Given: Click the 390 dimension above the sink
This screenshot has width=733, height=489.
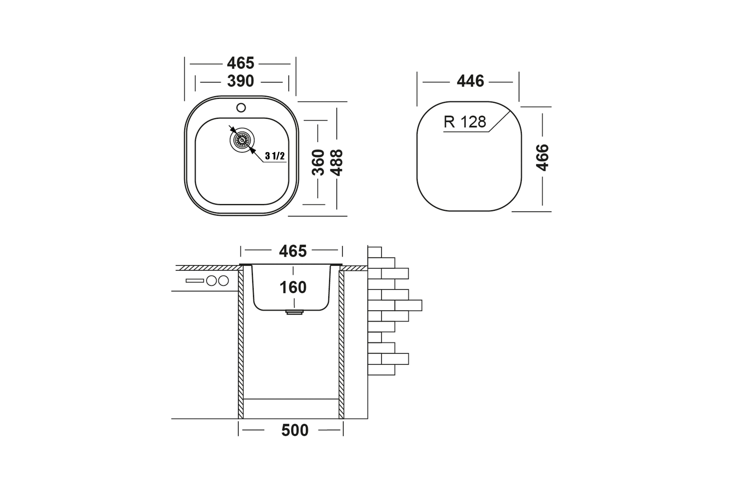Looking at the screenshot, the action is point(241,81).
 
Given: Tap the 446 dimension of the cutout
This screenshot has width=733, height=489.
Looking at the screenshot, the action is point(470,81).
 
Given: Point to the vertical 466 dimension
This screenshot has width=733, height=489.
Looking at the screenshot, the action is point(542,157).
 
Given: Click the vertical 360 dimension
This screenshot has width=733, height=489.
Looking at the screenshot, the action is point(318,163).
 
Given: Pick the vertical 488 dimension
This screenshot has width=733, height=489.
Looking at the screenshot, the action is point(337,163).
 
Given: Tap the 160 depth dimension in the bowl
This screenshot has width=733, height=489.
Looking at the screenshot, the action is point(293,287).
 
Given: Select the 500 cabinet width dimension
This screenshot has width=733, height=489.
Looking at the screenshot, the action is point(295,430).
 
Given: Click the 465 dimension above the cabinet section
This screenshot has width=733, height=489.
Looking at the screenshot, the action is point(293,251).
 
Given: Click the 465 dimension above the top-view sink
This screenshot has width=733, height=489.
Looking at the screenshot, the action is point(241,63).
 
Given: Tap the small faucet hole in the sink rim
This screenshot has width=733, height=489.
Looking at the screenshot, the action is point(241,108).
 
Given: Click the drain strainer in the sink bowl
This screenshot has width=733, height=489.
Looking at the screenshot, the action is point(242,140).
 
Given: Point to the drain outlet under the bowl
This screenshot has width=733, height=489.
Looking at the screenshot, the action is point(294,312).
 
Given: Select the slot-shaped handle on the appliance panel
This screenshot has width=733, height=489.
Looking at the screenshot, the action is point(195,281).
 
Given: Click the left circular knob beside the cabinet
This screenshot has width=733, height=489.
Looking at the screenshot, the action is point(211,281).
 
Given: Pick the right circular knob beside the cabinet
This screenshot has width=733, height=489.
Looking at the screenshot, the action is point(224,281).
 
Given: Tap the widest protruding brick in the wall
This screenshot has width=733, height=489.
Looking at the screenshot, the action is point(408,305).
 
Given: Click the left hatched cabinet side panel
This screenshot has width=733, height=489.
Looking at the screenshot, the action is point(241,345).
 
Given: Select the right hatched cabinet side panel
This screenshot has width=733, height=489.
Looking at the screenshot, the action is point(341,345).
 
